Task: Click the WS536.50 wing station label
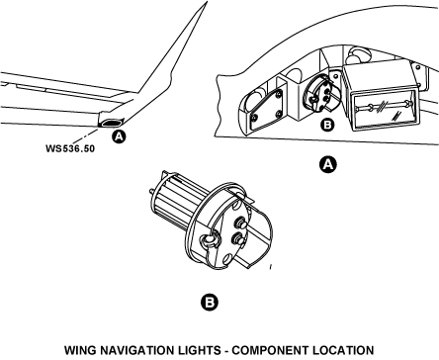(70, 148)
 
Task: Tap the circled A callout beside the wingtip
(119, 136)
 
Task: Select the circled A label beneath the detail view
(328, 164)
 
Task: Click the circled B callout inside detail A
(327, 125)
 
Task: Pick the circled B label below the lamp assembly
(210, 303)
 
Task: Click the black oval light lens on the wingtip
(111, 123)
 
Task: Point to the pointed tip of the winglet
(207, 2)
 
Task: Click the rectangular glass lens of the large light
(385, 110)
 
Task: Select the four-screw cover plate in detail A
(267, 110)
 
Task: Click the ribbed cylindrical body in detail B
(177, 198)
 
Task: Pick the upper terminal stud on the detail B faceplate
(240, 224)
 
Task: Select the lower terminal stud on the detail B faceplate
(238, 238)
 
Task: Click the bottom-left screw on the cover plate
(255, 117)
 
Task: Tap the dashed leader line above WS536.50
(85, 136)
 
